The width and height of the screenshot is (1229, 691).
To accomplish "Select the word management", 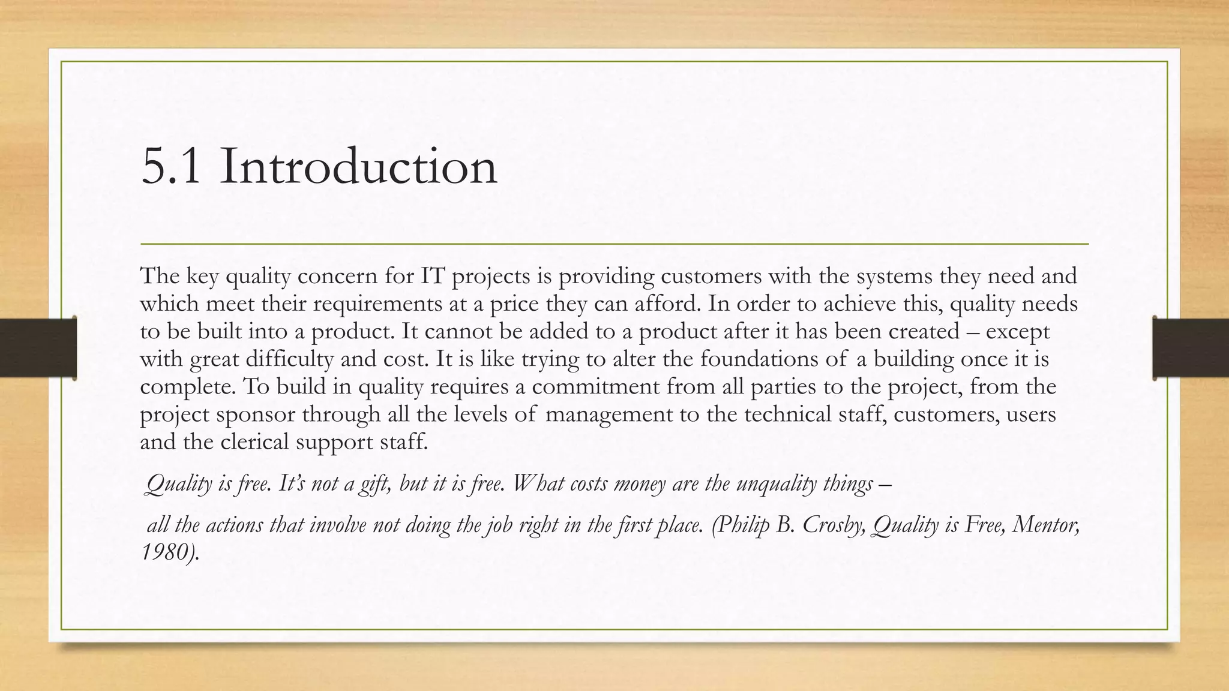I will pos(609,414).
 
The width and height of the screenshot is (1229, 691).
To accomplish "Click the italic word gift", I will pos(374,483).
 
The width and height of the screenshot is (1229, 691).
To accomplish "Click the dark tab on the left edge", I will pos(38,348).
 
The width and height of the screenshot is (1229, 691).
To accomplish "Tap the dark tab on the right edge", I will pos(1191,348).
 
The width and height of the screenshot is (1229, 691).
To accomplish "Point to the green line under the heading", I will pos(614,244).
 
